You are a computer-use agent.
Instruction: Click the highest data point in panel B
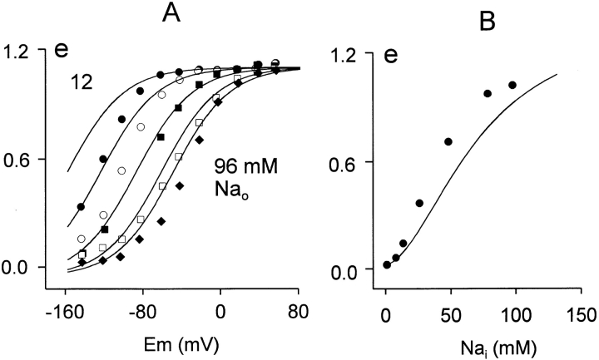512,85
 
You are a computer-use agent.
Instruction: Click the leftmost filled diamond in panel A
82,263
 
